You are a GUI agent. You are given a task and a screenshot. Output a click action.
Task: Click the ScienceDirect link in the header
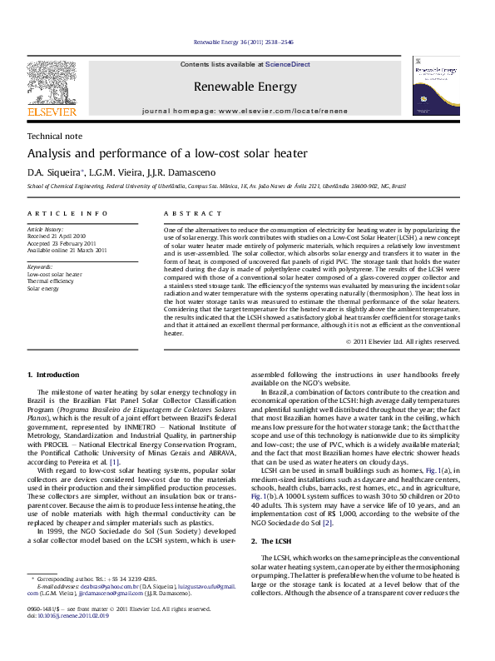pyautogui.click(x=288, y=64)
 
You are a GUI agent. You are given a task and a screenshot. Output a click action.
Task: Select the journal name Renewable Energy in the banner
pyautogui.click(x=245, y=87)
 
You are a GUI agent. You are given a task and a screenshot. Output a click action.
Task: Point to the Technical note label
pyautogui.click(x=55, y=136)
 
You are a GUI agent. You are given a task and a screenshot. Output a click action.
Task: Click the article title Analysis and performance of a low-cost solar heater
pyautogui.click(x=167, y=154)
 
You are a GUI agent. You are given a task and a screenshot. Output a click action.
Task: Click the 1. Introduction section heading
pyautogui.click(x=53, y=375)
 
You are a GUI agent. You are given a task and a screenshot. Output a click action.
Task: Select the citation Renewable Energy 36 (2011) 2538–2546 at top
pyautogui.click(x=243, y=41)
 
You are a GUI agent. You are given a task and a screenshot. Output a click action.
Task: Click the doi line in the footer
pyautogui.click(x=62, y=639)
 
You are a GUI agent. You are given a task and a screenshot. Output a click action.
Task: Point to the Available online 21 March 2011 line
pyautogui.click(x=67, y=250)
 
